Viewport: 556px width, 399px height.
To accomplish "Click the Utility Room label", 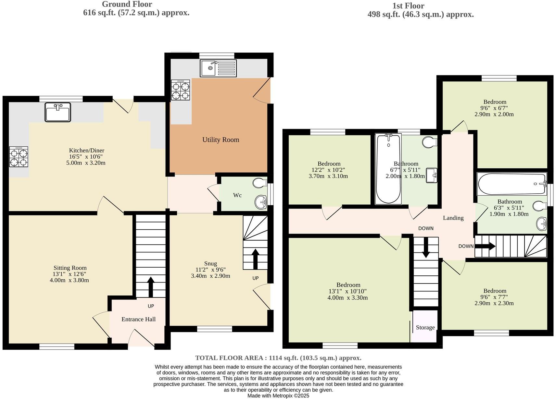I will click(x=221, y=140).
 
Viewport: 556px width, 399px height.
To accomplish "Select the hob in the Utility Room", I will click(x=181, y=90).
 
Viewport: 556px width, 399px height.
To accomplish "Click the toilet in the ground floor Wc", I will click(x=259, y=183).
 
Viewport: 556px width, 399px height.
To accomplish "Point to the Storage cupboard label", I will click(x=425, y=327).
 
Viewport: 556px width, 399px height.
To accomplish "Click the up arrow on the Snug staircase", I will click(x=255, y=259).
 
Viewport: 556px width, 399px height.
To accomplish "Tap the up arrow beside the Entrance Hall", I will click(x=151, y=287).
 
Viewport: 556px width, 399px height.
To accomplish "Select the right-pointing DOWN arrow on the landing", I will click(x=485, y=246).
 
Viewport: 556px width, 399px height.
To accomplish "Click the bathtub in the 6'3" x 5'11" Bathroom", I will click(x=512, y=184).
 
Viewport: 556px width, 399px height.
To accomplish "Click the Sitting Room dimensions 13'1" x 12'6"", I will click(x=70, y=274).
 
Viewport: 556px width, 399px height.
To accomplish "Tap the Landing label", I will click(x=453, y=218).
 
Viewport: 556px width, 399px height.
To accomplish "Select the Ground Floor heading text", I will click(x=127, y=4).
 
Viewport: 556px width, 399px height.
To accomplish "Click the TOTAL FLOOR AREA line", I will click(x=278, y=358).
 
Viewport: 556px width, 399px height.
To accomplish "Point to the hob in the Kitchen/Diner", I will click(x=19, y=157).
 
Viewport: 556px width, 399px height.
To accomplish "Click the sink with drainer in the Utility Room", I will click(x=218, y=68).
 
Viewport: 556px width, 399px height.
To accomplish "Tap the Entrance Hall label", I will click(x=138, y=319).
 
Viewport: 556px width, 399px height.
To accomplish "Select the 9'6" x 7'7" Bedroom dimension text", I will click(x=494, y=297).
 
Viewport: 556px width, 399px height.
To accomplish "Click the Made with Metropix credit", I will click(x=278, y=396).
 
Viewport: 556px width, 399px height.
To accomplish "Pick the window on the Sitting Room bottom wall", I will click(x=57, y=346).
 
